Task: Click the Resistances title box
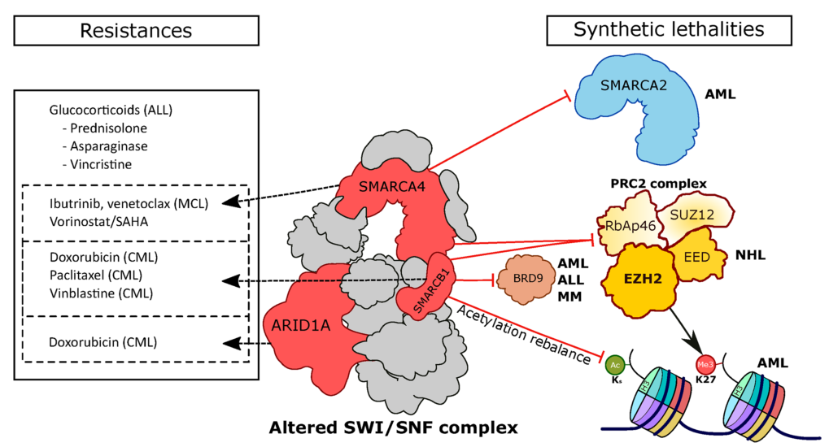[x=137, y=31]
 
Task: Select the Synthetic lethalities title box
[x=669, y=30]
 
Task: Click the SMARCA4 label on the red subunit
[x=392, y=186]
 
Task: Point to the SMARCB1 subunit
[x=425, y=286]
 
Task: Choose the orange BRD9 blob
[x=528, y=279]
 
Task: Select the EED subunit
[x=697, y=256]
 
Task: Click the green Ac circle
[x=615, y=365]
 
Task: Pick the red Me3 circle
[x=705, y=365]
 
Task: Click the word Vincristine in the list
[x=101, y=164]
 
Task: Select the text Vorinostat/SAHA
[x=99, y=221]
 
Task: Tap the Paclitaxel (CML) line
[x=96, y=276]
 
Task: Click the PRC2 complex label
[x=658, y=184]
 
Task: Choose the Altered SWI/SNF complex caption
[x=394, y=427]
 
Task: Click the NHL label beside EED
[x=750, y=255]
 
